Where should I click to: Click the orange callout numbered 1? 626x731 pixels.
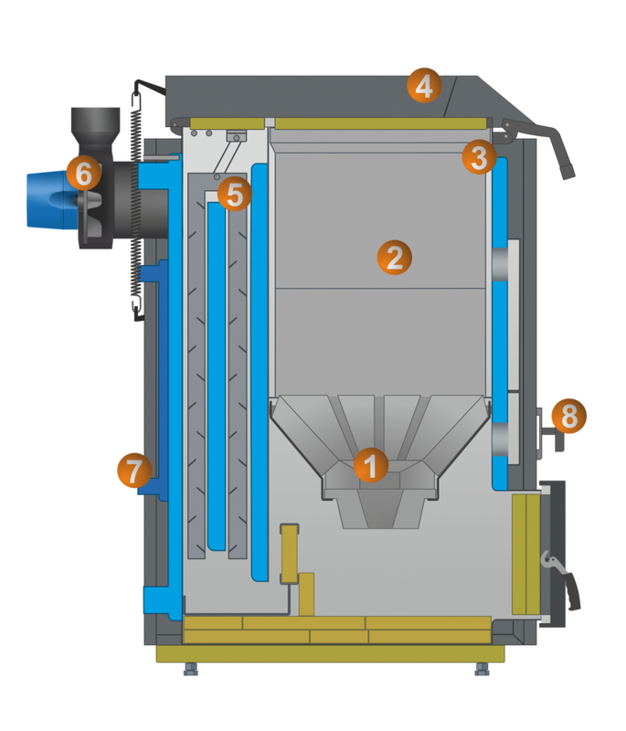click(x=370, y=465)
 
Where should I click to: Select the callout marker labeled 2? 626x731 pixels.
click(x=394, y=257)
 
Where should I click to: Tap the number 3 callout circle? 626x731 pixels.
click(x=476, y=156)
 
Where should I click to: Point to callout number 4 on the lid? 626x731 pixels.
click(x=422, y=87)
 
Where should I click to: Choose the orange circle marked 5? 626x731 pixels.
click(x=234, y=194)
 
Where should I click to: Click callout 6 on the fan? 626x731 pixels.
click(x=82, y=174)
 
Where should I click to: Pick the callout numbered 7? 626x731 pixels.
click(x=133, y=472)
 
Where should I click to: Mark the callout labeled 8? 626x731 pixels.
click(x=569, y=418)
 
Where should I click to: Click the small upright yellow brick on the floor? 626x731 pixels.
click(x=290, y=552)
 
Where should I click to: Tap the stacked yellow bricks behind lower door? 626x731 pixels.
click(x=527, y=557)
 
